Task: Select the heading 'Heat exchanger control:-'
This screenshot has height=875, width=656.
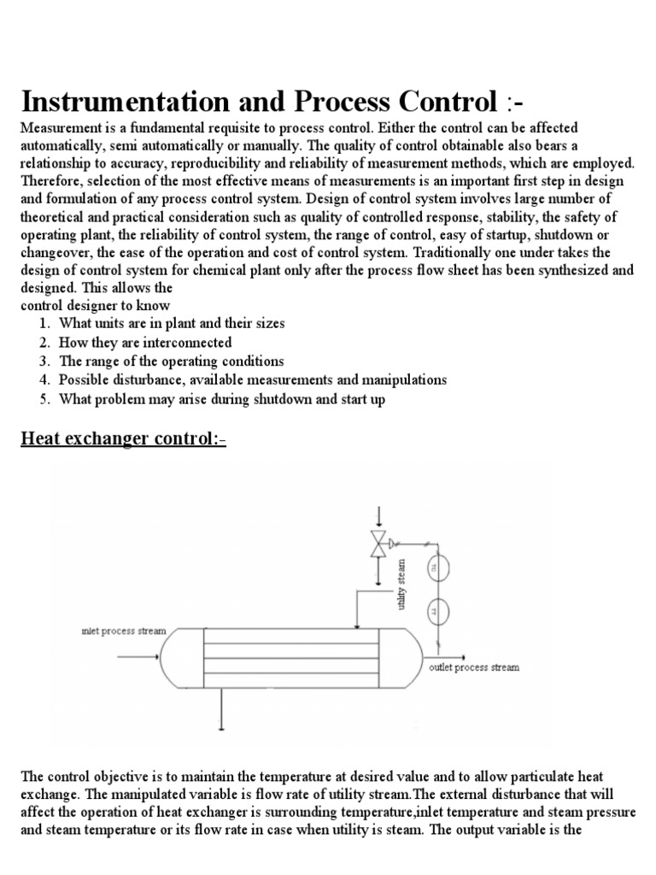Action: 122,439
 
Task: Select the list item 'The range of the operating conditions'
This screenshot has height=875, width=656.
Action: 171,361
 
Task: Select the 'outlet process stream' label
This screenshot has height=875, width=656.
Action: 473,667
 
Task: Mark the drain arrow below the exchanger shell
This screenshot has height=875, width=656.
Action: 221,709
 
